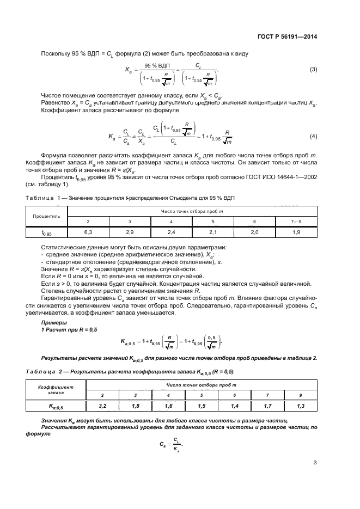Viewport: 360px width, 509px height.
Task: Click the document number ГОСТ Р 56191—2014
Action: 286,37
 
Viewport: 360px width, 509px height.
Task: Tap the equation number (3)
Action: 313,69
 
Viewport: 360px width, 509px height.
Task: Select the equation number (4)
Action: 313,136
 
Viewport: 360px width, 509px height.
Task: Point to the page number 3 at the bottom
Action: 315,463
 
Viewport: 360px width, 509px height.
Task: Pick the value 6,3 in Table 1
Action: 88,232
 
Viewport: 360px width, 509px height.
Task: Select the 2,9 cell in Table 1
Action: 130,232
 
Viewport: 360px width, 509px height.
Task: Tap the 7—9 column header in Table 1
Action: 296,222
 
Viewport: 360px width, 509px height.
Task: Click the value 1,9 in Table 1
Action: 296,232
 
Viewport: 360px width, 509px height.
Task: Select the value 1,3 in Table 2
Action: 300,406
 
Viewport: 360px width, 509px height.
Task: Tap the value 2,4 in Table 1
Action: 171,232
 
